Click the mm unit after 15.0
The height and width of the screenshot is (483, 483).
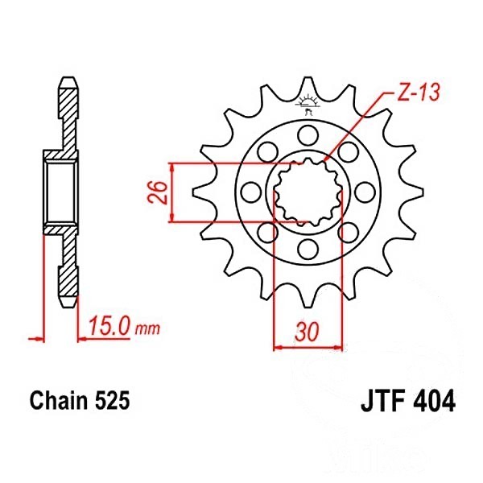pos(147,329)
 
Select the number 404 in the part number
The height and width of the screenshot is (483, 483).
pos(432,400)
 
